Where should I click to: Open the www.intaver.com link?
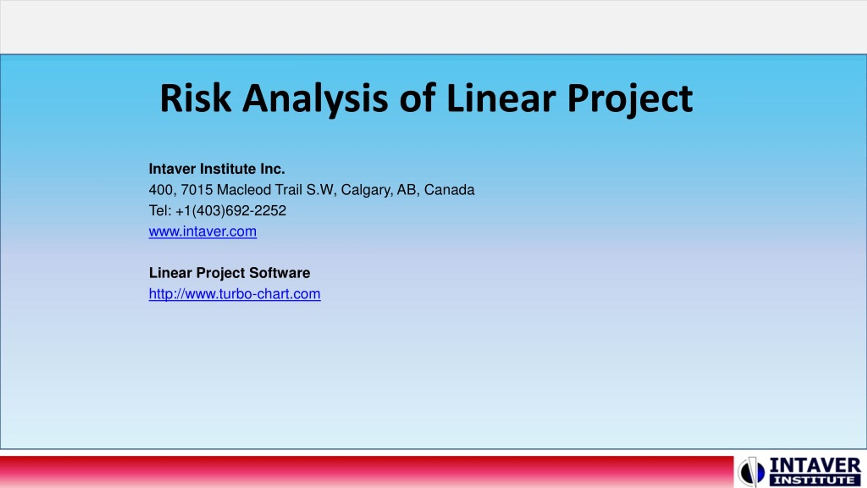(203, 231)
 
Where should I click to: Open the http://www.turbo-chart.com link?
(235, 294)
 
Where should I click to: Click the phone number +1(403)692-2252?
(231, 211)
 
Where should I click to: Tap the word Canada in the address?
(449, 190)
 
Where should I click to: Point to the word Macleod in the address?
(244, 190)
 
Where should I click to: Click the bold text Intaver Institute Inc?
(217, 169)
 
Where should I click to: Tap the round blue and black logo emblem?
(751, 471)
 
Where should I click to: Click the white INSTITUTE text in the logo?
(815, 480)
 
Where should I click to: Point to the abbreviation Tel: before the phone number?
(161, 211)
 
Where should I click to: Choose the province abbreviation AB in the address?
(408, 190)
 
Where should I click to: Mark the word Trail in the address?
(289, 190)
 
